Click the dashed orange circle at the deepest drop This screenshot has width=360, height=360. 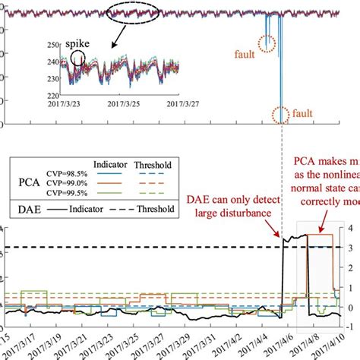pyautogui.click(x=280, y=115)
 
